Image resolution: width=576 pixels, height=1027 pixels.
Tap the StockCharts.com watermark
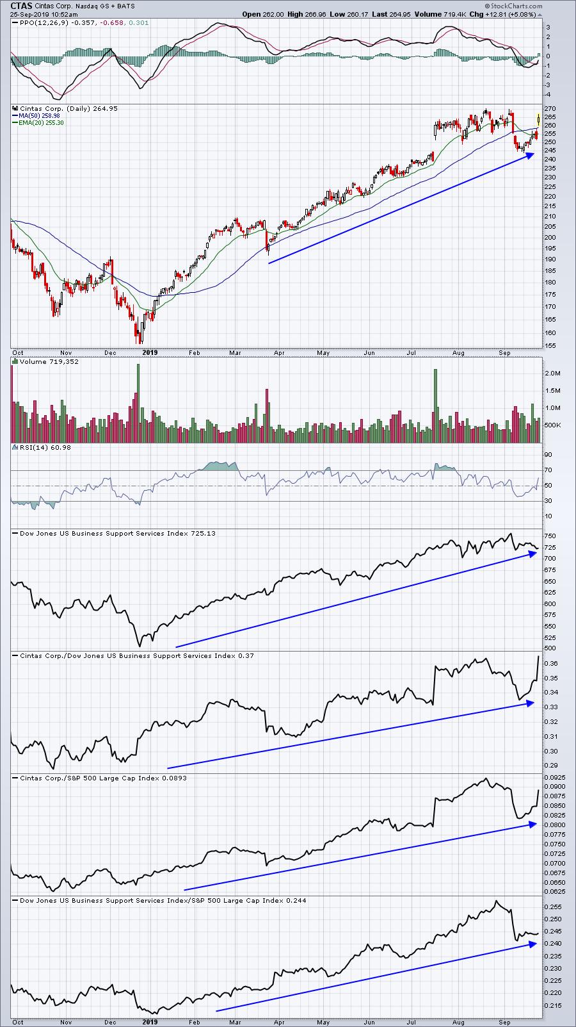point(516,6)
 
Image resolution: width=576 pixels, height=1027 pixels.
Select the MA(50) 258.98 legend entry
point(39,116)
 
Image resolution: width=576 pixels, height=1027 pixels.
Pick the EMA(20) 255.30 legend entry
point(41,123)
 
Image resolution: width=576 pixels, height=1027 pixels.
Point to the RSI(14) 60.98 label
point(45,447)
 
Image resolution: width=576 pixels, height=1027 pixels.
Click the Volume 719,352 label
point(49,362)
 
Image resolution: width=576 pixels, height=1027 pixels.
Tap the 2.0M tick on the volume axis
point(553,374)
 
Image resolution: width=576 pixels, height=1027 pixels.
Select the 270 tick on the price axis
point(550,109)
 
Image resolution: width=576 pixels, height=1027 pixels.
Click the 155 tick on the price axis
point(550,346)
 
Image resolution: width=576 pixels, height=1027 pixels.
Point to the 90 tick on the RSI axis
point(548,455)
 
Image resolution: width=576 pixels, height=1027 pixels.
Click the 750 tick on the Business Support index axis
point(550,536)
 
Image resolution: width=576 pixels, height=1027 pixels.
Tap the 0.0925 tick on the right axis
point(554,778)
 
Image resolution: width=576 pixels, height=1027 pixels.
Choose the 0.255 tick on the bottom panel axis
point(553,907)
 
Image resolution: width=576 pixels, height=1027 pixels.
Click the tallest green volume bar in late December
point(138,404)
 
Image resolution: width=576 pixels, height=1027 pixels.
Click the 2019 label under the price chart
point(150,352)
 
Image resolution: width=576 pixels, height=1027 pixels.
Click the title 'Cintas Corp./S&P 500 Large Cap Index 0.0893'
point(103,778)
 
